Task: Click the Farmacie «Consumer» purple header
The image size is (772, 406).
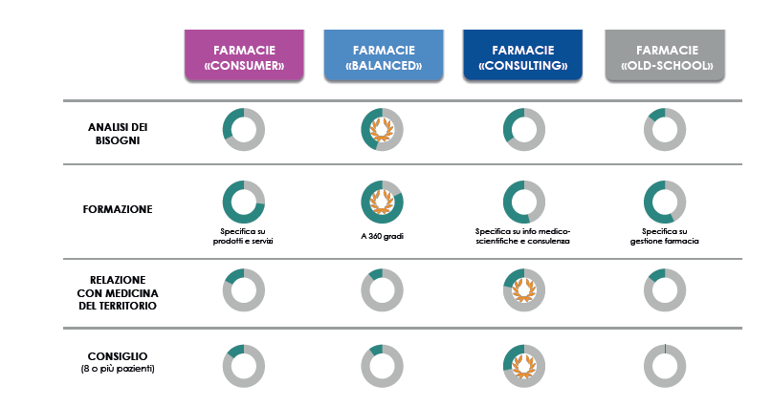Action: point(244,55)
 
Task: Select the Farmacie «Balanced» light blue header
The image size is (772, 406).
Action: point(384,55)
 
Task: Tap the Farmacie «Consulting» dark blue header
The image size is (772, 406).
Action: point(523,55)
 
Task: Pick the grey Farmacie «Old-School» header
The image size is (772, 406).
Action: point(665,55)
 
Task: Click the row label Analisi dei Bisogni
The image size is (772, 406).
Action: point(118,134)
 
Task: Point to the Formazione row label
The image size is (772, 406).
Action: point(118,209)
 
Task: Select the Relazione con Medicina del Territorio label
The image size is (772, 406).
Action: point(118,293)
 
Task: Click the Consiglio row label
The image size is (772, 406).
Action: point(118,356)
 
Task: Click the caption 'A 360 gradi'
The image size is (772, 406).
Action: point(382,236)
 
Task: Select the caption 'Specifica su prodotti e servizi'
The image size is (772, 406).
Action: point(243,236)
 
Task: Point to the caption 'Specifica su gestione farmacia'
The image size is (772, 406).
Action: point(665,236)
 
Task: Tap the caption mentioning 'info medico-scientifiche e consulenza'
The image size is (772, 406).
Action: point(523,236)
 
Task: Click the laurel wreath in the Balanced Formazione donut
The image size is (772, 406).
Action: point(382,202)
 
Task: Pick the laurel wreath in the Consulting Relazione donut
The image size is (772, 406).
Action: point(524,290)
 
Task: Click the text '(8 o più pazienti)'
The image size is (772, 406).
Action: point(118,369)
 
